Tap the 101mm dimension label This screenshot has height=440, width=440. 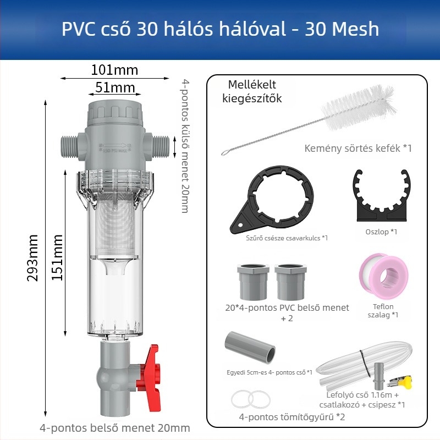[x=114, y=70]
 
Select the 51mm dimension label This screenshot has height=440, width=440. [x=115, y=87]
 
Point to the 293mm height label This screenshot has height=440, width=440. [x=32, y=257]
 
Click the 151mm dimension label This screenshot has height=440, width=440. [x=57, y=257]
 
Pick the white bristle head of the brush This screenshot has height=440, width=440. [x=359, y=107]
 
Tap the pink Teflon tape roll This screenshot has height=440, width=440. [x=383, y=277]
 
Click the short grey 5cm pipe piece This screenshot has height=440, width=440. [x=250, y=348]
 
